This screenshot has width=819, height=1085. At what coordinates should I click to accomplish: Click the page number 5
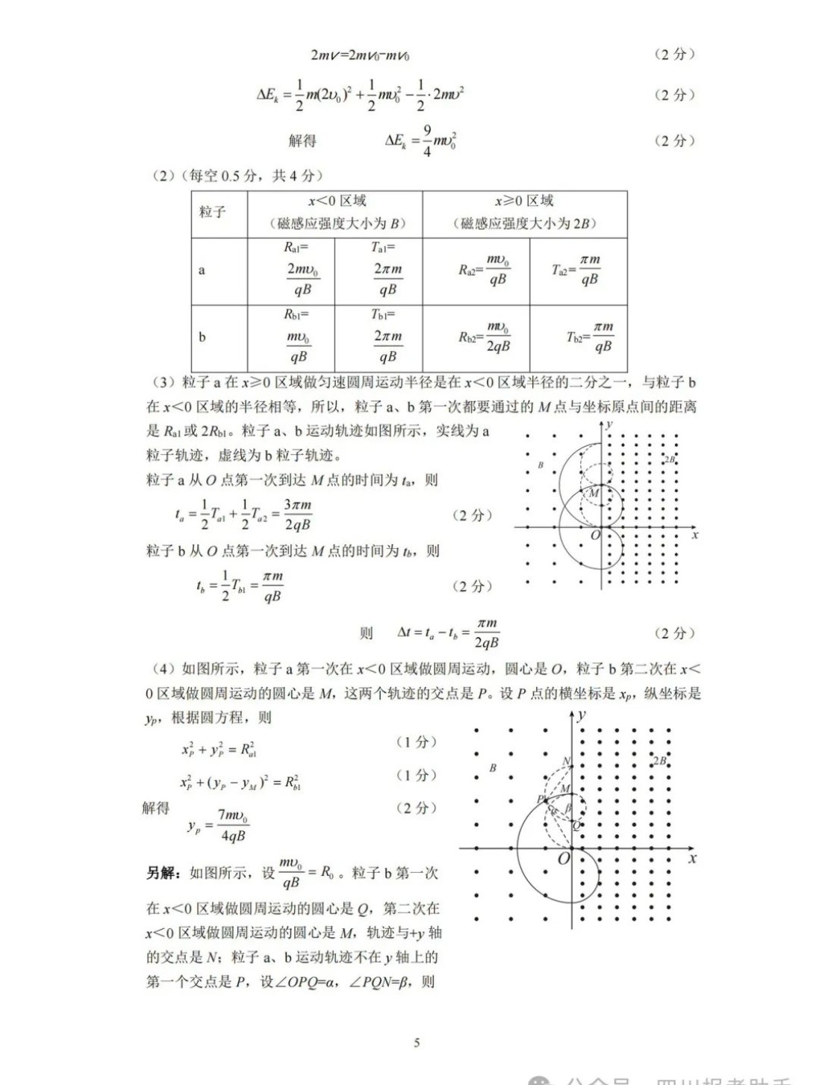coord(417,1042)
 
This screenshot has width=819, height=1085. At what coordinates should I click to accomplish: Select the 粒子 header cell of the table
coord(213,213)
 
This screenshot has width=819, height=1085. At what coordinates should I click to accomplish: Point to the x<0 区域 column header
coord(335,212)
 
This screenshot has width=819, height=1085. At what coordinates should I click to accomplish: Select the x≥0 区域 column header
coord(524,212)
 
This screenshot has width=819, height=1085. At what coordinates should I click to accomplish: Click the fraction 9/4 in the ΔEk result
coord(427,140)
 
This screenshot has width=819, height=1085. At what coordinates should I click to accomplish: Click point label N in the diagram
coord(567,762)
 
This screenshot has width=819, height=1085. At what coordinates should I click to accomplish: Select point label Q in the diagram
coord(576,825)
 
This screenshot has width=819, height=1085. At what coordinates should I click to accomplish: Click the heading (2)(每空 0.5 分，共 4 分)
coord(237,175)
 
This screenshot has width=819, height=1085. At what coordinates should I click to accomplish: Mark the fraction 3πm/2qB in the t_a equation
coord(297,514)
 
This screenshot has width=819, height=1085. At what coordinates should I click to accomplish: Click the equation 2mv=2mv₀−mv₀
coord(361,55)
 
